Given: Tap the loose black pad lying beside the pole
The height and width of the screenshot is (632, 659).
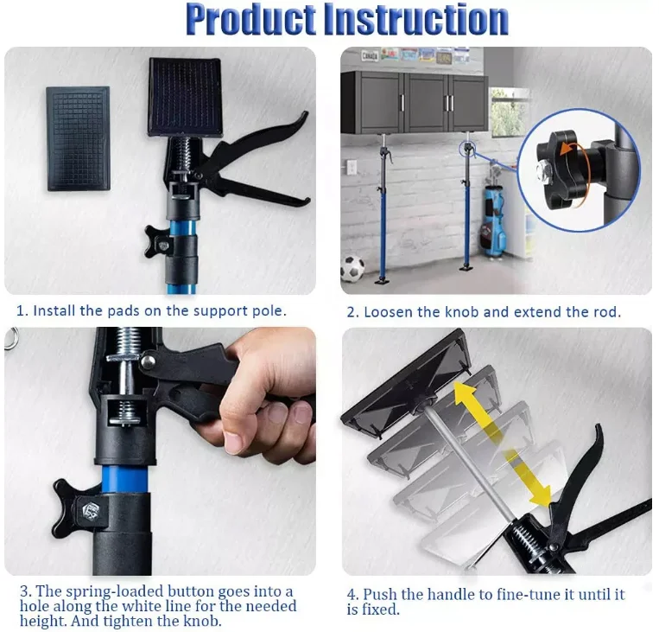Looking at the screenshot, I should [x=78, y=137].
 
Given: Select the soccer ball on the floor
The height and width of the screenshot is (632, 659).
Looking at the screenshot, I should [x=352, y=269].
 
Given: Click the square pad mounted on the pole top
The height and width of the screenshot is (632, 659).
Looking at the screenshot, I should [x=185, y=96].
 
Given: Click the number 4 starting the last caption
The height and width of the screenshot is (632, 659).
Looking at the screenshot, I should [x=352, y=595].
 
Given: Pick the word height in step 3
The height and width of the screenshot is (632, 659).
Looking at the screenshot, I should [x=41, y=621].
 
